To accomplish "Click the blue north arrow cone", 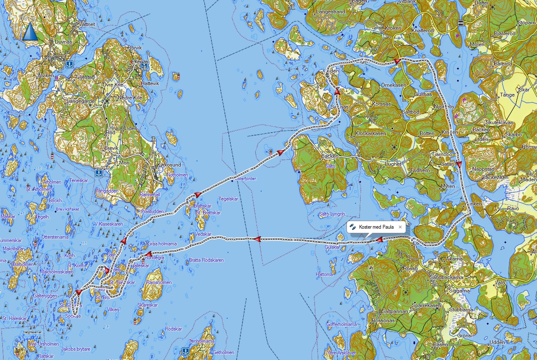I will coord(30,32).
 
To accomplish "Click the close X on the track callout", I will coord(400,227).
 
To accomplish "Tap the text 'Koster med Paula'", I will coord(376,227).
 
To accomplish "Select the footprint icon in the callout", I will coord(352,227).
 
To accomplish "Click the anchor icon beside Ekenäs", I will coord(144,66).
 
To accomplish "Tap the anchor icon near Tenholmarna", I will coord(185,350).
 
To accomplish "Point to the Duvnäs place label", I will coord(63,42).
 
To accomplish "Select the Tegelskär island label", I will coord(228,199).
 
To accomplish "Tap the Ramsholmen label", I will coord(159,282).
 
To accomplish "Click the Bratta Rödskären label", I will coord(206,260).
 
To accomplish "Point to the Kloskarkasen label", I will coord(370,133).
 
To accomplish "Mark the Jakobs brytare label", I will coord(76,349).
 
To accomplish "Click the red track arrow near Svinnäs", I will coord(337,91).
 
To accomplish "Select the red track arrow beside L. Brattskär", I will coord(197,195).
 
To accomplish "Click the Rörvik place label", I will coord(135,48).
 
